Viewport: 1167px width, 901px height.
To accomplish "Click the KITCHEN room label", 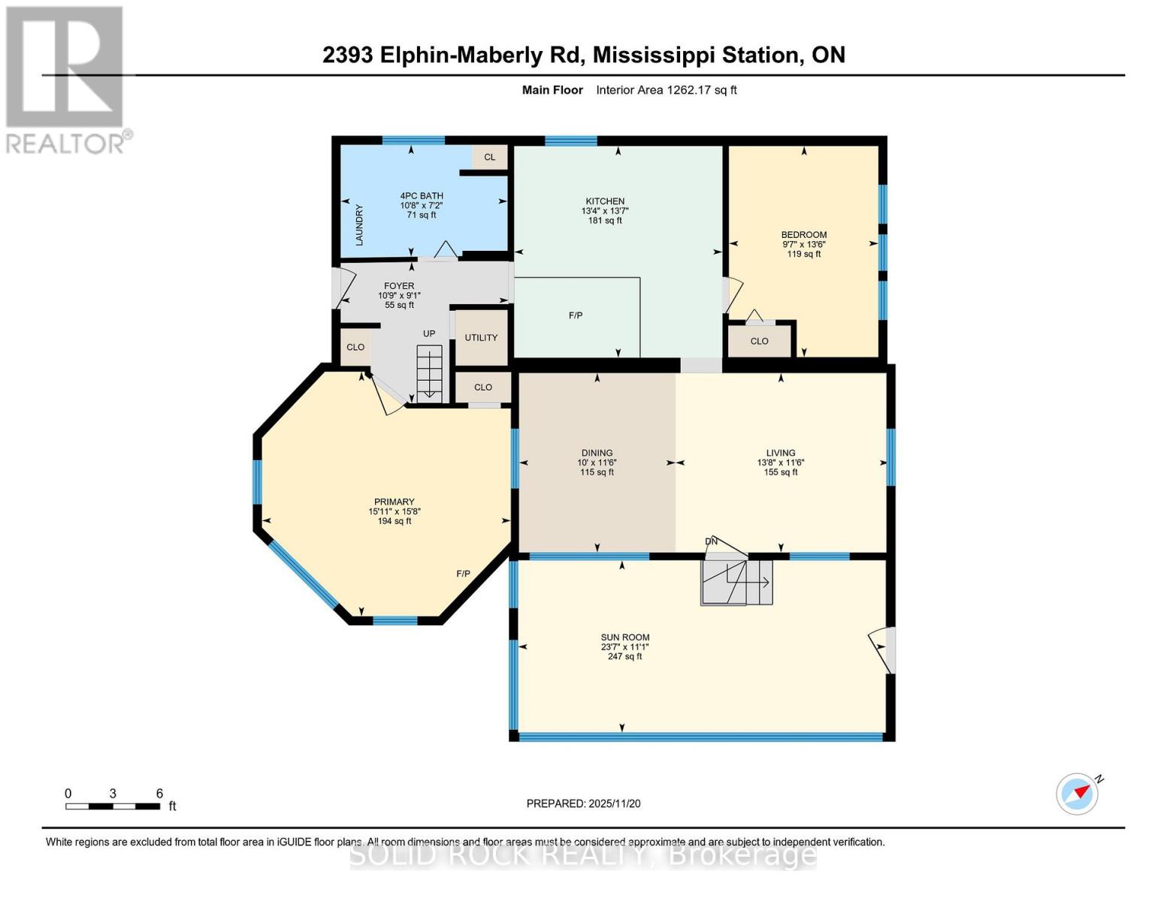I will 605,201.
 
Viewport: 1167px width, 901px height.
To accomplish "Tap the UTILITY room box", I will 481,338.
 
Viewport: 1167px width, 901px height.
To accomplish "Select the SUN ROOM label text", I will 624,637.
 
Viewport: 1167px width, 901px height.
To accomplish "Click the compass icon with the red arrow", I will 1078,794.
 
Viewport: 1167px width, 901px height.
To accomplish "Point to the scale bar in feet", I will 113,806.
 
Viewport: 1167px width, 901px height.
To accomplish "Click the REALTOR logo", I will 66,79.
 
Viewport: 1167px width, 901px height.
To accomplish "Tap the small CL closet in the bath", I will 490,157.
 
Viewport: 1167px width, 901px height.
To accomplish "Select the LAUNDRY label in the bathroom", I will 359,224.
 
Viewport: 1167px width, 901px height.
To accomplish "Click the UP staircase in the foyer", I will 430,371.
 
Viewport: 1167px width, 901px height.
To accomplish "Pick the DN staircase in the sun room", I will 736,580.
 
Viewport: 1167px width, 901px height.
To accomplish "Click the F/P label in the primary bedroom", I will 464,574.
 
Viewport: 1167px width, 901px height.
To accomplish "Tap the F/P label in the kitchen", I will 576,315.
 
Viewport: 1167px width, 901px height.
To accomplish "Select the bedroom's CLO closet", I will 759,341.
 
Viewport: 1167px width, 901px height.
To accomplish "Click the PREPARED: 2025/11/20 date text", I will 583,803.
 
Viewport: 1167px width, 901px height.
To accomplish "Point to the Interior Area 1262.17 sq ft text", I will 666,90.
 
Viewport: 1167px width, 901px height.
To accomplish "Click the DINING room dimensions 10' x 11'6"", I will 597,463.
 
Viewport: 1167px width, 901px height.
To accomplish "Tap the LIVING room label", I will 781,453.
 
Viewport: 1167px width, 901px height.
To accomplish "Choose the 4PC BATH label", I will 422,196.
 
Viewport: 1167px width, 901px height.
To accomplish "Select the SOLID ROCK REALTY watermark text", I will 583,855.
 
